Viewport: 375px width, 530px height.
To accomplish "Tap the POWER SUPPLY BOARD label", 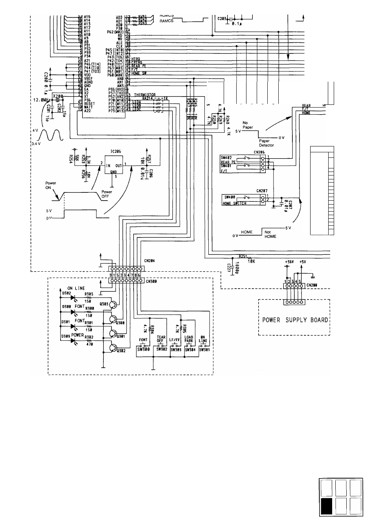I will [295, 320].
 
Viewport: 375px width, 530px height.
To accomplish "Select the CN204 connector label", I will [150, 260].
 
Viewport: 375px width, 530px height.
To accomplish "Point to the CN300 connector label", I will [152, 281].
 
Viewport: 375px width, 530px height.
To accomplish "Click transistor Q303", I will [113, 304].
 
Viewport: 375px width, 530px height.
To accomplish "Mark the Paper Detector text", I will [266, 143].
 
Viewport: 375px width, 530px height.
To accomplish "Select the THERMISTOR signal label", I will [145, 95].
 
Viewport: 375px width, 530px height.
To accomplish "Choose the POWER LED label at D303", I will [77, 335].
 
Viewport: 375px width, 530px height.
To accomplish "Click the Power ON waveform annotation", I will [51, 185].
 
